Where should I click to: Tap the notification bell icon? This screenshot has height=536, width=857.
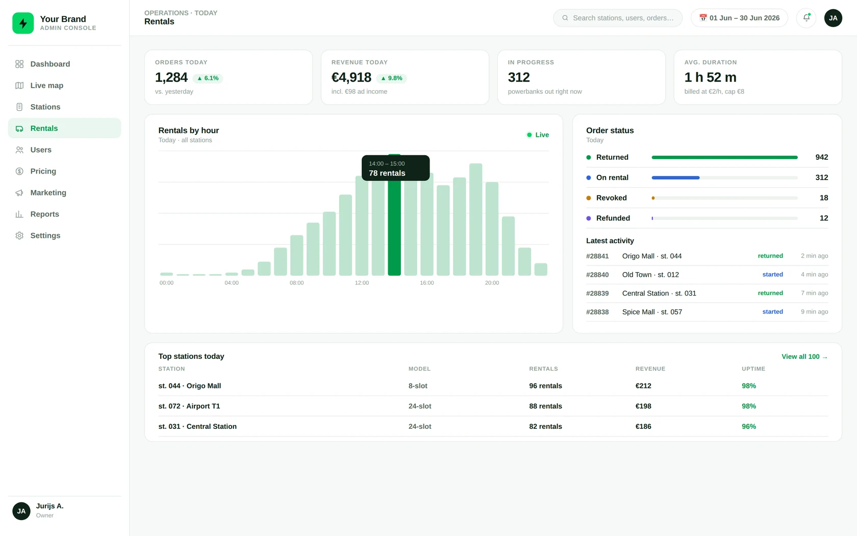click(x=806, y=17)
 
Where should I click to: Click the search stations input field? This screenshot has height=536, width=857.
click(x=617, y=18)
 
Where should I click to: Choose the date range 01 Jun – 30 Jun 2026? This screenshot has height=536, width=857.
click(x=739, y=18)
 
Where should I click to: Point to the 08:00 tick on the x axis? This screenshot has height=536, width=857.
click(x=296, y=283)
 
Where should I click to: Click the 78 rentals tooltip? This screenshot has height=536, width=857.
click(x=396, y=168)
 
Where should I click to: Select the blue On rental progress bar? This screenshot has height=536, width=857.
click(x=675, y=178)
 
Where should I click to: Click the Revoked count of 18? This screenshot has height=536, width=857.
click(x=824, y=198)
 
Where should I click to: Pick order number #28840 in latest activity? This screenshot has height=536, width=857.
click(x=597, y=275)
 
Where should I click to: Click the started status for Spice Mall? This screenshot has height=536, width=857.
click(x=772, y=311)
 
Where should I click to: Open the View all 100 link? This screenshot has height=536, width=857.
click(x=804, y=357)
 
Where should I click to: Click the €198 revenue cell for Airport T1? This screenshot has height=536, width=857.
click(x=643, y=406)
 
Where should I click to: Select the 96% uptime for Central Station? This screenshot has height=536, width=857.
click(x=749, y=427)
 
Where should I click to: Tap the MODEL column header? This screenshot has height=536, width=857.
click(x=419, y=369)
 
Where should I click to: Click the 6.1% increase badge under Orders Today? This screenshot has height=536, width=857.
click(x=208, y=78)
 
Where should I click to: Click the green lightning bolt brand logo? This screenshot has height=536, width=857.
click(x=23, y=23)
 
